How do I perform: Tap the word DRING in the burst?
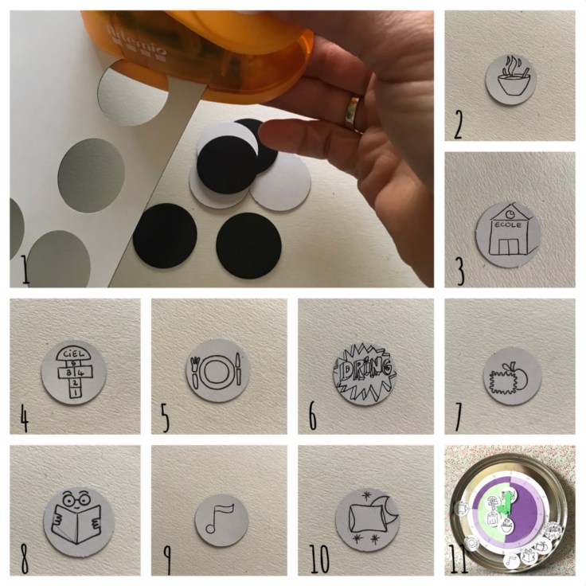pyautogui.click(x=365, y=369)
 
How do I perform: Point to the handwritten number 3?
pyautogui.click(x=460, y=271)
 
